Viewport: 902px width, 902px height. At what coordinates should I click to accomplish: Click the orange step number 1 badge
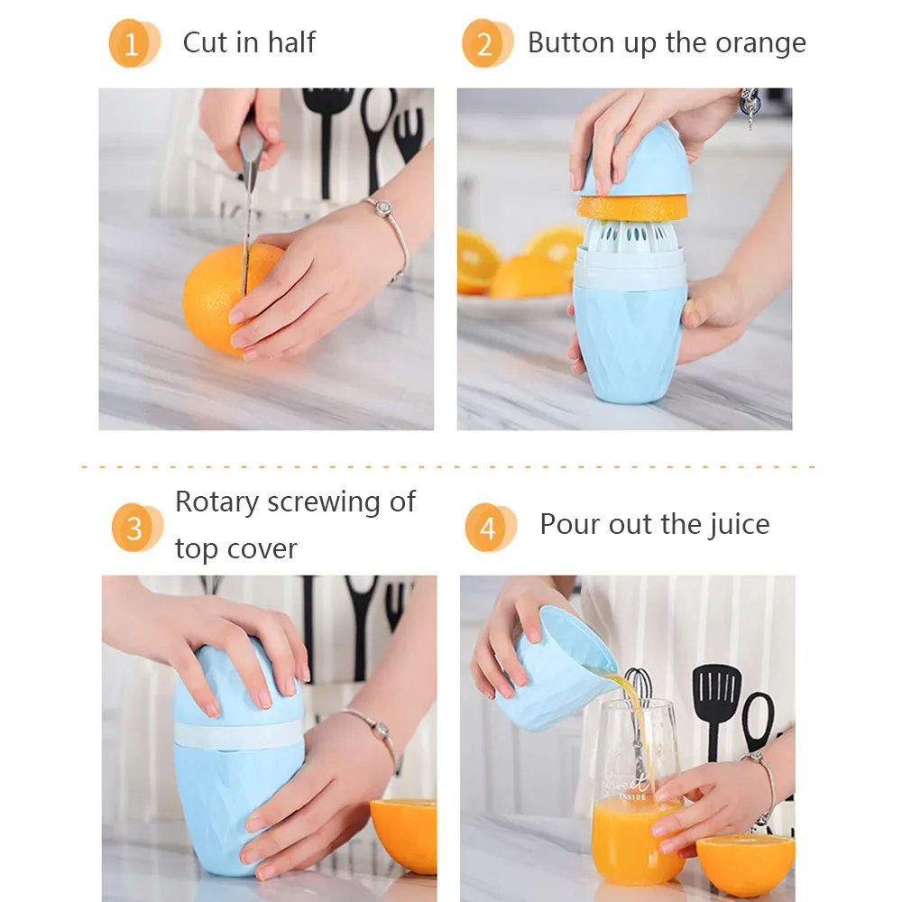tap(133, 43)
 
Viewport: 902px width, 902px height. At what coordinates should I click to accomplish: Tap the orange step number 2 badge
tap(487, 43)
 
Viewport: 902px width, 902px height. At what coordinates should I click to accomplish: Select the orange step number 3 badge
tap(137, 528)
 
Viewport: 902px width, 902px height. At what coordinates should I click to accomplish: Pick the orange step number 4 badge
tap(490, 528)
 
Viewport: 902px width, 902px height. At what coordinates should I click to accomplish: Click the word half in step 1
tap(291, 42)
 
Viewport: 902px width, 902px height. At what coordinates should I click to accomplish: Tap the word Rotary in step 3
tap(216, 502)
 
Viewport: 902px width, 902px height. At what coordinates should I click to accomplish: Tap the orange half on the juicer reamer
tap(633, 207)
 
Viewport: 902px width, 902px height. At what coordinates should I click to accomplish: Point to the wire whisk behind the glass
tap(638, 699)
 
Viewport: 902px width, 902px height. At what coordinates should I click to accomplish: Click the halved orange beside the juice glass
tap(746, 865)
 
